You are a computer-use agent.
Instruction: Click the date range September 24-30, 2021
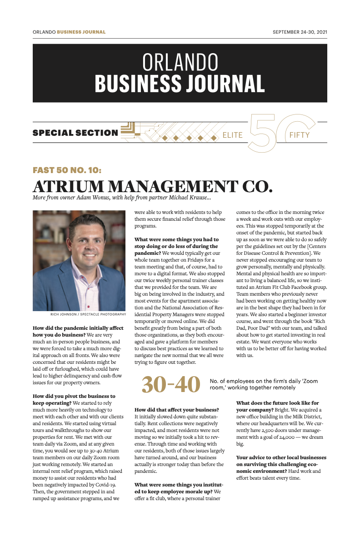point(300,32)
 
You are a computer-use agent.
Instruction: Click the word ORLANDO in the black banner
point(180,62)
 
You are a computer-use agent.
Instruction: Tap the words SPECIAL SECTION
point(75,133)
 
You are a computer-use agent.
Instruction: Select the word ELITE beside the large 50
point(232,135)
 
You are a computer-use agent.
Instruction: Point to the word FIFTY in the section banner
point(299,135)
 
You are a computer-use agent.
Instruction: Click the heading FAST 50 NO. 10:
point(67,170)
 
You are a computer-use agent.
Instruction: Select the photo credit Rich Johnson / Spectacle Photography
point(88,314)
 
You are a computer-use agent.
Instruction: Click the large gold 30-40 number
point(171,384)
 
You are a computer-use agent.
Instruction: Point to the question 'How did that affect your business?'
point(177,410)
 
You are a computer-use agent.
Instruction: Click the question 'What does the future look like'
point(278,403)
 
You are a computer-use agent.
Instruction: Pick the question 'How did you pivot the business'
point(74,396)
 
